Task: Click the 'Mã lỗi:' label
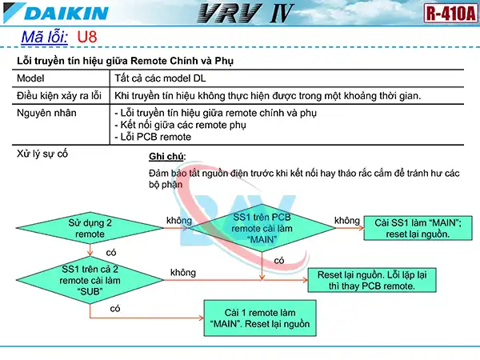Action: coord(44,38)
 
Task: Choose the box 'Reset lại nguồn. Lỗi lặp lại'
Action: coord(372,279)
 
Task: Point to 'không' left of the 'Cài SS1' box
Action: coord(346,220)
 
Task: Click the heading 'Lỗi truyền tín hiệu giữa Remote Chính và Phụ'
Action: coord(126,62)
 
